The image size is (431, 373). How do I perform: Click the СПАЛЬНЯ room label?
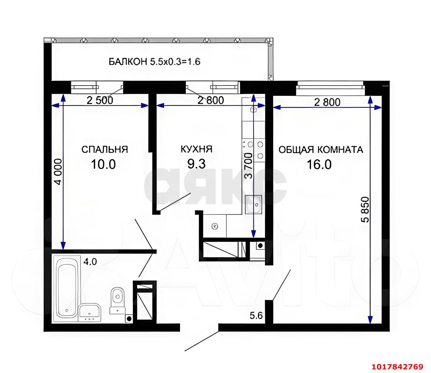[x=104, y=149]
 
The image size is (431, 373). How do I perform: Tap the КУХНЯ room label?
[x=196, y=149]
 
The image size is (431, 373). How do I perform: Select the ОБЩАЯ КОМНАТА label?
[x=321, y=150]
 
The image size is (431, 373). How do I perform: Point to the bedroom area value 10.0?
[x=103, y=164]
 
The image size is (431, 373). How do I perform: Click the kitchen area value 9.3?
[x=196, y=164]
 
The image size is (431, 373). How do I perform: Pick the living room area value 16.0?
[x=319, y=164]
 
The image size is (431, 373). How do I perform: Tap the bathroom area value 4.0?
[x=90, y=262]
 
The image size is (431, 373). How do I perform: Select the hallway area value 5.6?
[x=256, y=316]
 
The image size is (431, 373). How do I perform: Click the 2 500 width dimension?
[x=100, y=100]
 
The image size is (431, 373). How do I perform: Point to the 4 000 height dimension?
[x=58, y=172]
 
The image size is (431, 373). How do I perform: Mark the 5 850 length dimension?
[x=365, y=210]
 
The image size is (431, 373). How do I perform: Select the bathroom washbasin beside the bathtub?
[x=90, y=312]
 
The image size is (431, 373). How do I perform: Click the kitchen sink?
[x=254, y=204]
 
